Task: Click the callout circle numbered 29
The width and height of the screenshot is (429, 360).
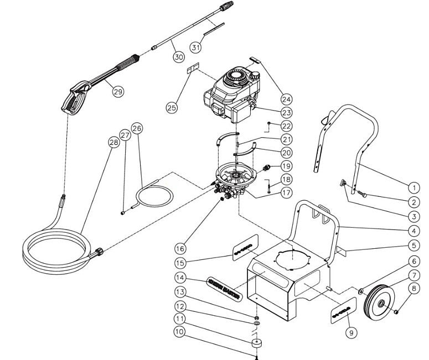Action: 118,92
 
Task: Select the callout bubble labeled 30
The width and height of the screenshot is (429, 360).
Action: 178,56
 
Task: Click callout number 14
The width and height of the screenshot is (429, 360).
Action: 180,278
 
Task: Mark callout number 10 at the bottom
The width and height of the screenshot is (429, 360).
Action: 179,332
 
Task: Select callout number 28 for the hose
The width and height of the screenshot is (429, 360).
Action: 113,143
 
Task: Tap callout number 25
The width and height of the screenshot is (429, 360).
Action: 172,107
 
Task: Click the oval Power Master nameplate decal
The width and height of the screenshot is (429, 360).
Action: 226,281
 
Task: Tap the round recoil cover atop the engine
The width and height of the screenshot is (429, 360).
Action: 237,76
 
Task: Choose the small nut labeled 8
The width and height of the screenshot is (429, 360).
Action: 397,314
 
